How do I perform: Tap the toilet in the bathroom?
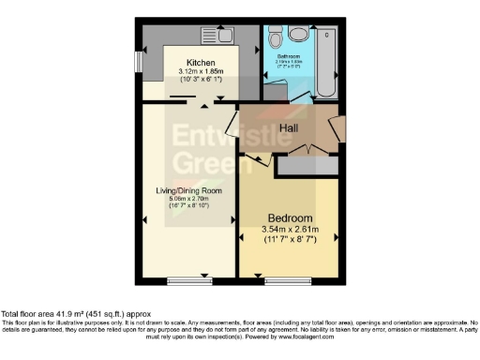tap(276, 38)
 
